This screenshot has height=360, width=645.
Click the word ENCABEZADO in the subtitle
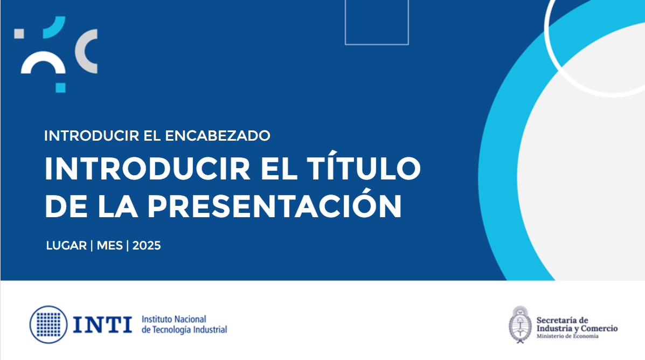click(218, 136)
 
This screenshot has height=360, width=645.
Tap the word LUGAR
click(66, 246)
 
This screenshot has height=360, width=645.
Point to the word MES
click(110, 246)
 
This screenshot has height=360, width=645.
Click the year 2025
click(147, 246)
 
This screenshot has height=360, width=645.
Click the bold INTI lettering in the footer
click(102, 324)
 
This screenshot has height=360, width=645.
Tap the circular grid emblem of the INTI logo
click(48, 324)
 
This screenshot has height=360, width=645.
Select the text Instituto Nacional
click(174, 319)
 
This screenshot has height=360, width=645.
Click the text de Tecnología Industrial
click(184, 330)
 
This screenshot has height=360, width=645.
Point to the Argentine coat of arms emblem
click(521, 324)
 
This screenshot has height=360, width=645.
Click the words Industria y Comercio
click(577, 328)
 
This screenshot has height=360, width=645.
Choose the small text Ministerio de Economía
click(567, 336)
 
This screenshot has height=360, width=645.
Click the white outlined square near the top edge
click(377, 44)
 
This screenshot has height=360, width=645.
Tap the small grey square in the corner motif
click(19, 34)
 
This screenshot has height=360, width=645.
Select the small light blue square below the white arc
click(60, 88)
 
